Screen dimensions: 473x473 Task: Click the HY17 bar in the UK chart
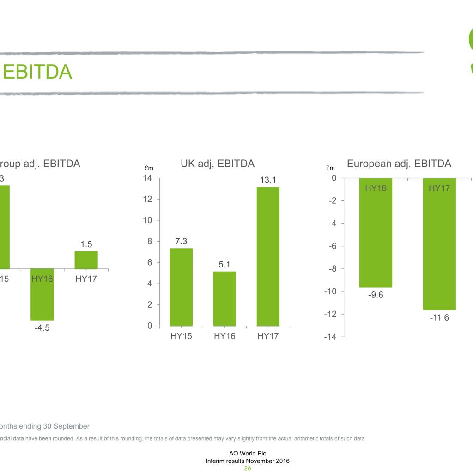[x=268, y=256]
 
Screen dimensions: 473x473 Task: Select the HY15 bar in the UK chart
[x=181, y=287]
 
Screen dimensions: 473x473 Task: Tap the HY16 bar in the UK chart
[x=224, y=298]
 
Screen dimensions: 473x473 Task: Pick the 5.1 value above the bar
[x=224, y=265]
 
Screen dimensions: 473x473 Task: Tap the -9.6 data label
[x=376, y=295]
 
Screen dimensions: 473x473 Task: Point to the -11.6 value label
[x=439, y=318]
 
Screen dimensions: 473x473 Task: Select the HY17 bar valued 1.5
[x=86, y=260]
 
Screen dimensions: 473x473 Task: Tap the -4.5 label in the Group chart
[x=42, y=328]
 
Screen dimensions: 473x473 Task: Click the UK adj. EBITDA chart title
[x=218, y=164]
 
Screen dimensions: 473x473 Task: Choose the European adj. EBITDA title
[x=399, y=164]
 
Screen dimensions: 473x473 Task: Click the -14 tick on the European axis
[x=330, y=337]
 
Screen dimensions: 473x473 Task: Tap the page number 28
[x=248, y=468]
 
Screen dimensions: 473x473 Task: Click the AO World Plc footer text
[x=248, y=454]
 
